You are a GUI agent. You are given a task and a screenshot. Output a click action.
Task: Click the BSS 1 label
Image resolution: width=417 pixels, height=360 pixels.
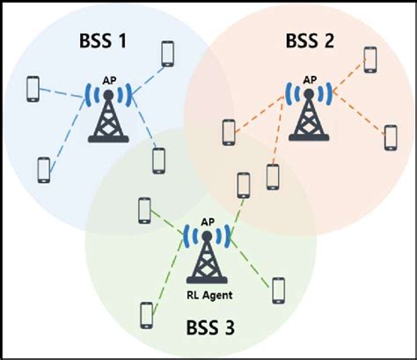[103, 40]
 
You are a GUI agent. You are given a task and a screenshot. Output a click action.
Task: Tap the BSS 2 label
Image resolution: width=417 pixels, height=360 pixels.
[310, 40]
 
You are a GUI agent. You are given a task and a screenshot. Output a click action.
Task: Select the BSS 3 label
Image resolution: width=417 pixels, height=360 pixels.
[210, 327]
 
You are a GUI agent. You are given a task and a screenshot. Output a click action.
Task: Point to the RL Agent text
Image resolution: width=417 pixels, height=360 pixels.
[209, 295]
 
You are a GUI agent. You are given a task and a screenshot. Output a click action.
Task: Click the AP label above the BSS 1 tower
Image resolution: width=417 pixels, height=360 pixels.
[109, 81]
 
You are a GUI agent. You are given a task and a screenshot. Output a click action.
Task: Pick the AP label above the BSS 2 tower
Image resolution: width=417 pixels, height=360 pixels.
[310, 80]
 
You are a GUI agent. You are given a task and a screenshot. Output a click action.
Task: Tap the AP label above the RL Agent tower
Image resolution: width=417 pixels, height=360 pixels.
[208, 222]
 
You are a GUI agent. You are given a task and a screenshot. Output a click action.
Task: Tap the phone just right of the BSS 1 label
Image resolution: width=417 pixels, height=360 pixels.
[168, 54]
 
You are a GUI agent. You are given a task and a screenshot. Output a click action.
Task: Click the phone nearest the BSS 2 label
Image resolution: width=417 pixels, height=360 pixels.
[370, 60]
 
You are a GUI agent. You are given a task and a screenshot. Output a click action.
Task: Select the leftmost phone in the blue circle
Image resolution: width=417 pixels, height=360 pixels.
[33, 89]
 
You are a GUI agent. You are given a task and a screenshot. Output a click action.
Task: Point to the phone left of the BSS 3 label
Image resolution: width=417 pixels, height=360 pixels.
[147, 315]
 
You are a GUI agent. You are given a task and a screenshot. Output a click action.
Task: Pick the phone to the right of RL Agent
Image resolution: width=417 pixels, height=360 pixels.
[278, 290]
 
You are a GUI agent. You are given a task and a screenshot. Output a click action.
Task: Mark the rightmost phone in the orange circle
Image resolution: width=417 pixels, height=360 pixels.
[391, 138]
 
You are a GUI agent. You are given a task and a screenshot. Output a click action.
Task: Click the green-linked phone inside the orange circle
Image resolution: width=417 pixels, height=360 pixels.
[244, 186]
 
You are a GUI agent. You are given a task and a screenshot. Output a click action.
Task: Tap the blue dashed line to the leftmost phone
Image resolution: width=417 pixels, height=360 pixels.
[62, 92]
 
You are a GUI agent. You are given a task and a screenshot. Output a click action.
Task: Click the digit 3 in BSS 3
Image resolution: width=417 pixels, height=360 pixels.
[230, 327]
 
